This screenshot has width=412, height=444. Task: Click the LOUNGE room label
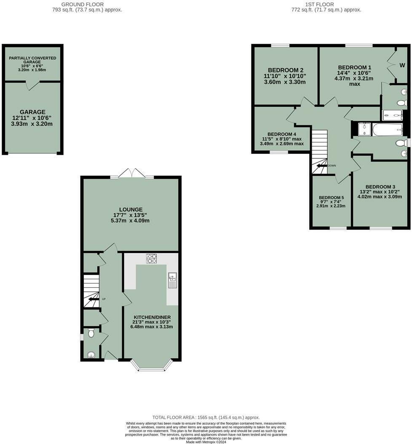[131, 209]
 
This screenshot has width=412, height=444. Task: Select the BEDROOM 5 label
[331, 198]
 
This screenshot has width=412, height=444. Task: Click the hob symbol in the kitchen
[151, 259]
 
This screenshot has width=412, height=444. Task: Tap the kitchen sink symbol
[172, 280]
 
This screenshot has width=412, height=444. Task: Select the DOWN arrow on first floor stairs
[322, 166]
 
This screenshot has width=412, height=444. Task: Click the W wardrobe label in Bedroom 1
[402, 65]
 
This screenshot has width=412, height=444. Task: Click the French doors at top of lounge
[131, 173]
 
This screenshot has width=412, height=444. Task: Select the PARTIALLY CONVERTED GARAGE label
[32, 60]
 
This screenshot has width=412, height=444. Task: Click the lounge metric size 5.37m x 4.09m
[131, 220]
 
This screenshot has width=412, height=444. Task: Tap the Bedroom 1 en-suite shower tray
[392, 115]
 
